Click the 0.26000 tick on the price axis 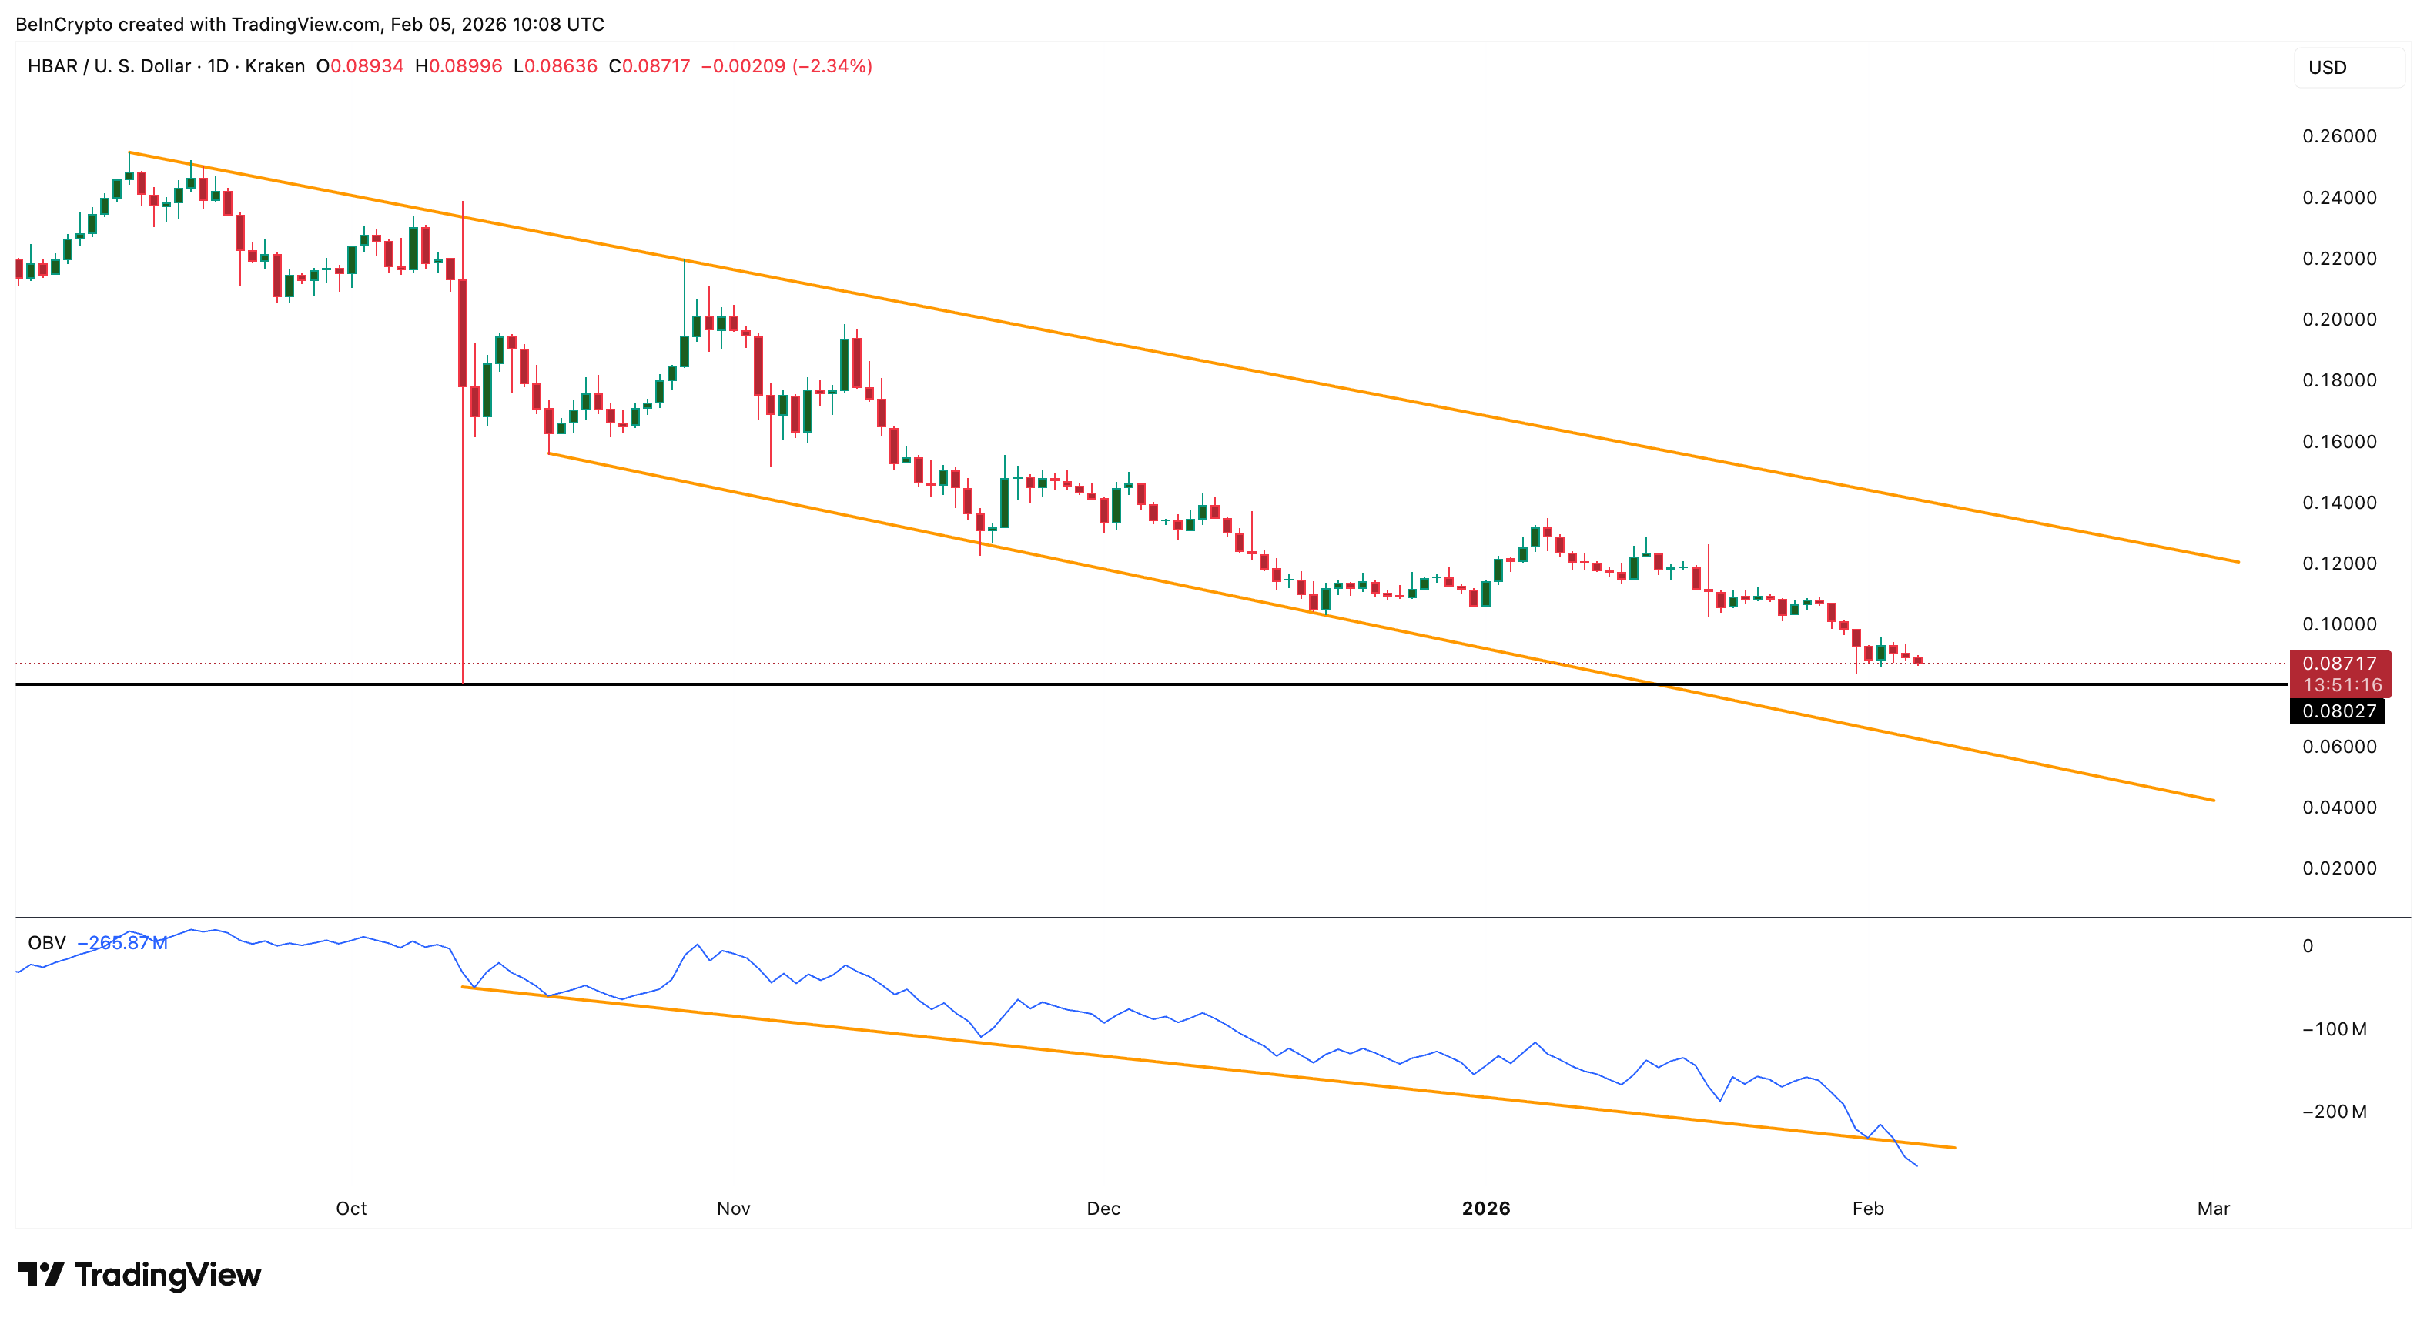tap(2338, 136)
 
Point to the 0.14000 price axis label tap(2338, 502)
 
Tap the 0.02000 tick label tap(2338, 868)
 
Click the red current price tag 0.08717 tap(2338, 664)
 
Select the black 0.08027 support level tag tap(2338, 711)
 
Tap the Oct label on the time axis tap(350, 1208)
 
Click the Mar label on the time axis tap(2212, 1208)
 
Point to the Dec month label tap(1103, 1208)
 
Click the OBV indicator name tap(46, 942)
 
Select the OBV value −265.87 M tap(122, 942)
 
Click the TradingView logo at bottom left tap(139, 1275)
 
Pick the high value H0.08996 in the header tap(459, 66)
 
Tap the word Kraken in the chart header tap(274, 66)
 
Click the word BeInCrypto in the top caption tap(64, 25)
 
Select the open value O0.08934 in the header tap(360, 66)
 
